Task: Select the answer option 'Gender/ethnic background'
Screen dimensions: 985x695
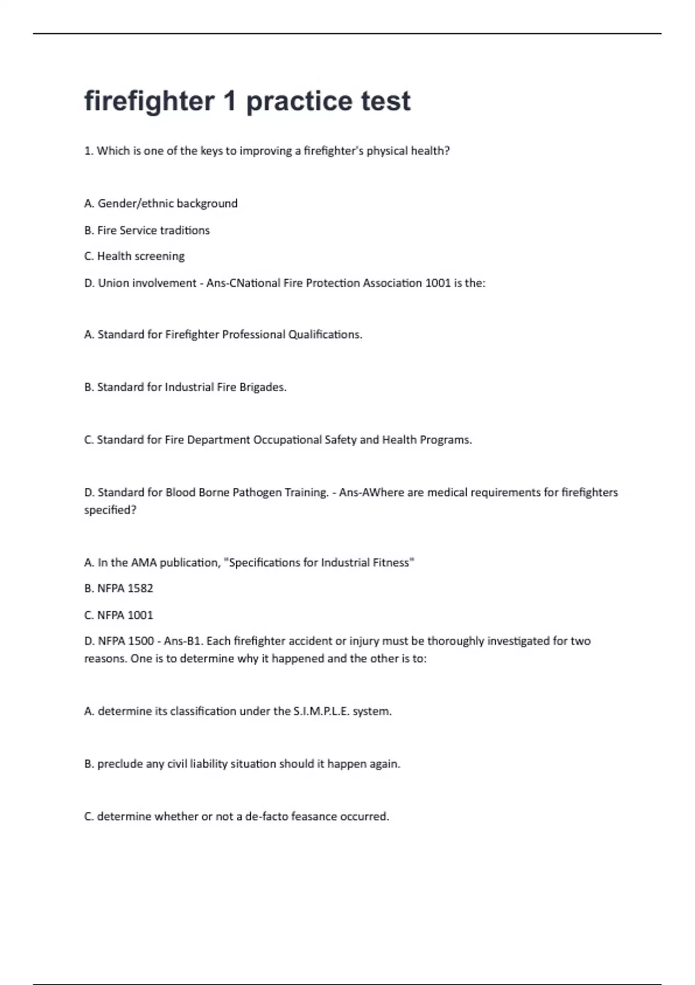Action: (167, 203)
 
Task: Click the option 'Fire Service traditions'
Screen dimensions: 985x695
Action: (153, 230)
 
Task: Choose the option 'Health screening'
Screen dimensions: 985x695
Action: (141, 256)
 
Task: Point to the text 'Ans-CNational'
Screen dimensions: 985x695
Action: (242, 283)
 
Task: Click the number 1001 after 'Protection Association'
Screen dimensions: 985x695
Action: (438, 283)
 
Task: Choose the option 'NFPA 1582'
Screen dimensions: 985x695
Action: (125, 589)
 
